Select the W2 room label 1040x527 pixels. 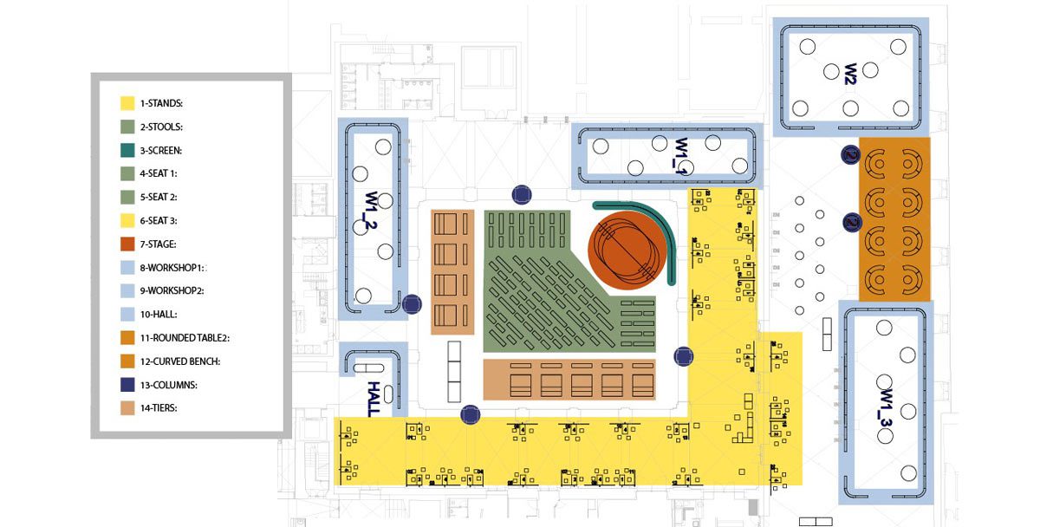(x=850, y=73)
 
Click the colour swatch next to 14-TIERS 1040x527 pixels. (x=127, y=407)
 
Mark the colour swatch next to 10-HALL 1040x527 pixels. (x=127, y=314)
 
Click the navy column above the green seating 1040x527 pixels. (x=521, y=193)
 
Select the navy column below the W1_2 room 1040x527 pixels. (x=412, y=304)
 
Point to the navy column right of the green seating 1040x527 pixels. (x=685, y=355)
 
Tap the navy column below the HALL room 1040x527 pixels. (x=471, y=415)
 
